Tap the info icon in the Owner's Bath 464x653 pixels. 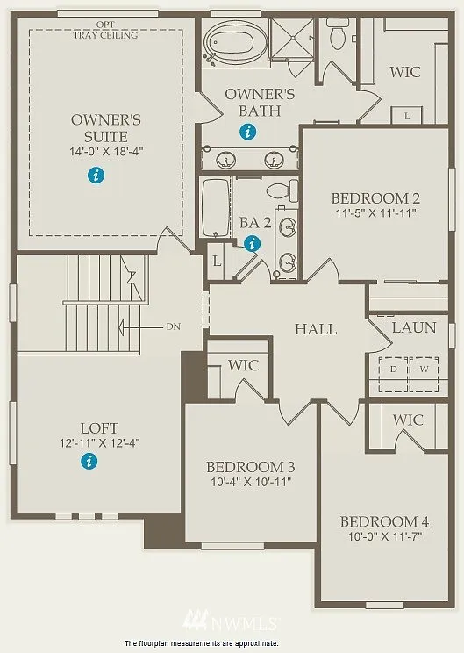(249, 133)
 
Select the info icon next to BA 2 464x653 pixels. (253, 244)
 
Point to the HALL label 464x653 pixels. (315, 329)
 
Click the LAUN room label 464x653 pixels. (413, 327)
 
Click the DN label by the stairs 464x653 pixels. (173, 326)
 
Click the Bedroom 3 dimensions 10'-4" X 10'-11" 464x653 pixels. (249, 481)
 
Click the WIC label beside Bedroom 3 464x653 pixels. (243, 364)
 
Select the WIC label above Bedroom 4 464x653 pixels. (408, 420)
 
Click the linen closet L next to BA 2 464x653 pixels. (216, 262)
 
